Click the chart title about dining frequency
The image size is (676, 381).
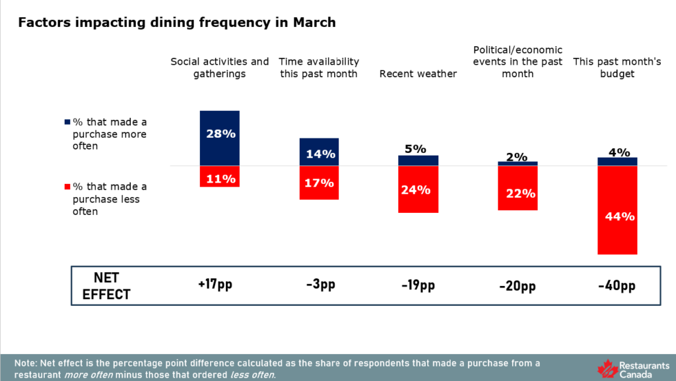pyautogui.click(x=177, y=22)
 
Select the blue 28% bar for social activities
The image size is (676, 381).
pyautogui.click(x=220, y=138)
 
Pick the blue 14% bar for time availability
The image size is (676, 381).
pyautogui.click(x=319, y=152)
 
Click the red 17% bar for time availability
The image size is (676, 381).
pyautogui.click(x=319, y=183)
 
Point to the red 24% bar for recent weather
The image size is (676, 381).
pyautogui.click(x=418, y=190)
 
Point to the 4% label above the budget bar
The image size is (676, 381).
pyautogui.click(x=617, y=152)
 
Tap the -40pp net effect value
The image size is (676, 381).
pyautogui.click(x=617, y=285)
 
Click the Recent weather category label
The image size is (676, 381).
pyautogui.click(x=418, y=74)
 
